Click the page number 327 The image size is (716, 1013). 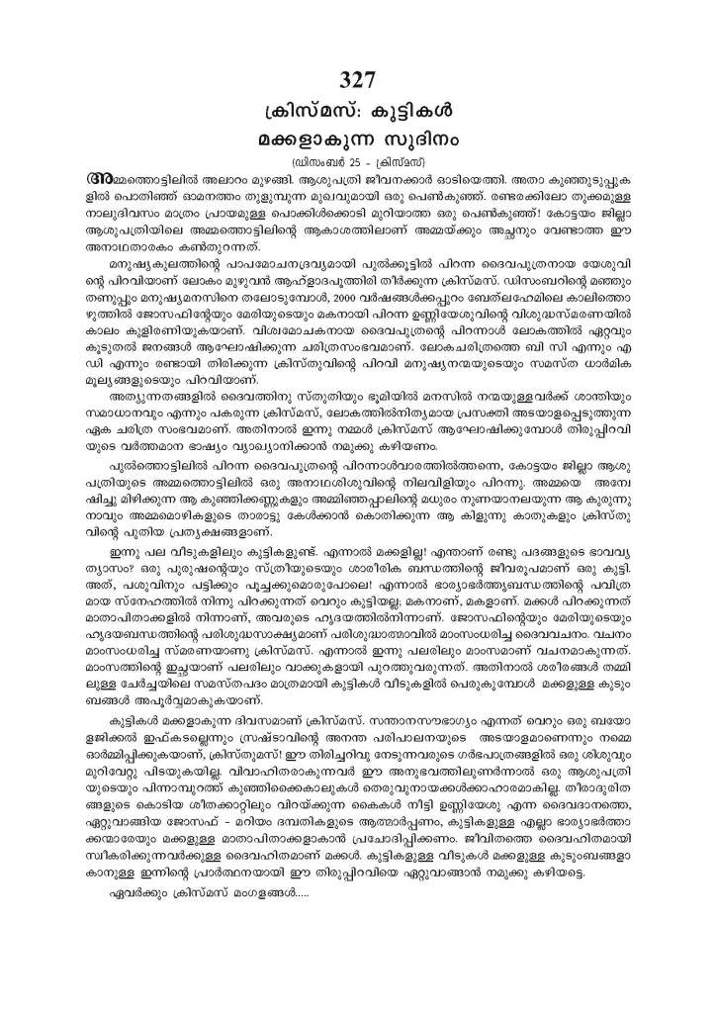358,81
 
